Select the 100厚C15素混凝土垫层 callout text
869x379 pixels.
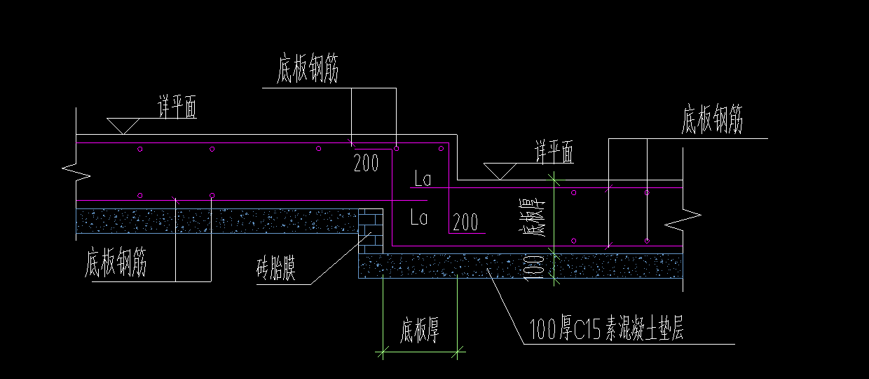click(607, 328)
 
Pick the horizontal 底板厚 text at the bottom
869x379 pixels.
click(420, 331)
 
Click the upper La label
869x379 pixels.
click(422, 180)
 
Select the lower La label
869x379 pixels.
click(419, 218)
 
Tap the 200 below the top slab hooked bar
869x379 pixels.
click(366, 164)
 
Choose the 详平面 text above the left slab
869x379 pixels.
click(177, 109)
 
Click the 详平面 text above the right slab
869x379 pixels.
click(554, 152)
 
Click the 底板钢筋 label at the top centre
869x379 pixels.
click(308, 70)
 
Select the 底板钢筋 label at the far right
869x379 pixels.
click(712, 121)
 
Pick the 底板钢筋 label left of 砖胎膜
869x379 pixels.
click(116, 265)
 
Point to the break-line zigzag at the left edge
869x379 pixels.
click(76, 171)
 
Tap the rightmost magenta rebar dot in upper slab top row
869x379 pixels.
click(442, 149)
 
